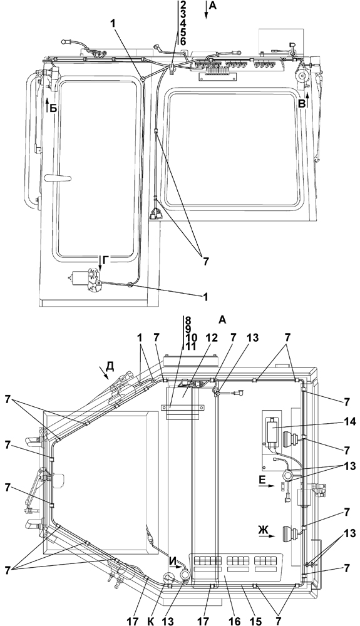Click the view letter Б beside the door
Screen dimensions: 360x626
[x=54, y=108]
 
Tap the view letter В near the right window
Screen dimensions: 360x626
[x=302, y=103]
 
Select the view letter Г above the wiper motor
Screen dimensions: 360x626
[x=105, y=260]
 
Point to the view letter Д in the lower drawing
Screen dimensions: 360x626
[x=110, y=366]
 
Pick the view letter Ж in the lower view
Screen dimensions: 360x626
[x=263, y=530]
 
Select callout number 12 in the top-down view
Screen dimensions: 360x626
[x=211, y=338]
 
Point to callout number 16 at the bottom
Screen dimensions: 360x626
[x=234, y=620]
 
